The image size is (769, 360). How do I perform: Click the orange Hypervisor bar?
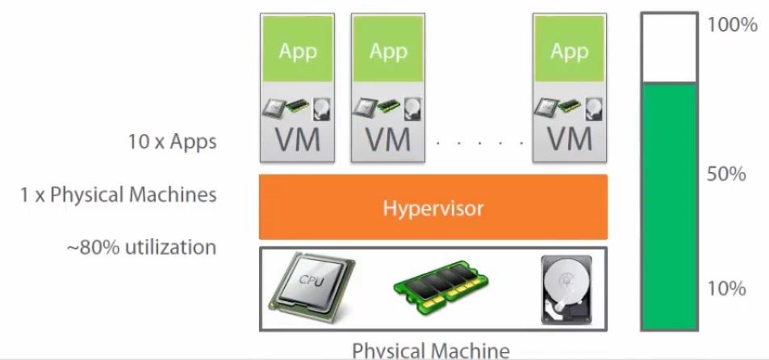[433, 207]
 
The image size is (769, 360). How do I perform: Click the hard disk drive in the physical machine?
[565, 288]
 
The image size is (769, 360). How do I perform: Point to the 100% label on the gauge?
[732, 25]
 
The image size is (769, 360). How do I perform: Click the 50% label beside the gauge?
[726, 174]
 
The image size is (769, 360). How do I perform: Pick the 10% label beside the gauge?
[725, 288]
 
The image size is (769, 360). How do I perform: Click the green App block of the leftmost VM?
[298, 52]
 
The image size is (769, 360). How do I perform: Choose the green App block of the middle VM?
[388, 52]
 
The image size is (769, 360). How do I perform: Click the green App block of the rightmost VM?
[569, 52]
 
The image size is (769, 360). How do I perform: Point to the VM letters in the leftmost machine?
[298, 139]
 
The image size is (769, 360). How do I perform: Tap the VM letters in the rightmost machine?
[569, 139]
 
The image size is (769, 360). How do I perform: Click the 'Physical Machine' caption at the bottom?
[431, 350]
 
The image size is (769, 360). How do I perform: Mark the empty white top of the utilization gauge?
[669, 48]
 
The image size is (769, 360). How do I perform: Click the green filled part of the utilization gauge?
[669, 206]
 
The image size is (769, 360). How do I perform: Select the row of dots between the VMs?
[479, 143]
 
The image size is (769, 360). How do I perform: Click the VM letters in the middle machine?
[388, 139]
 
